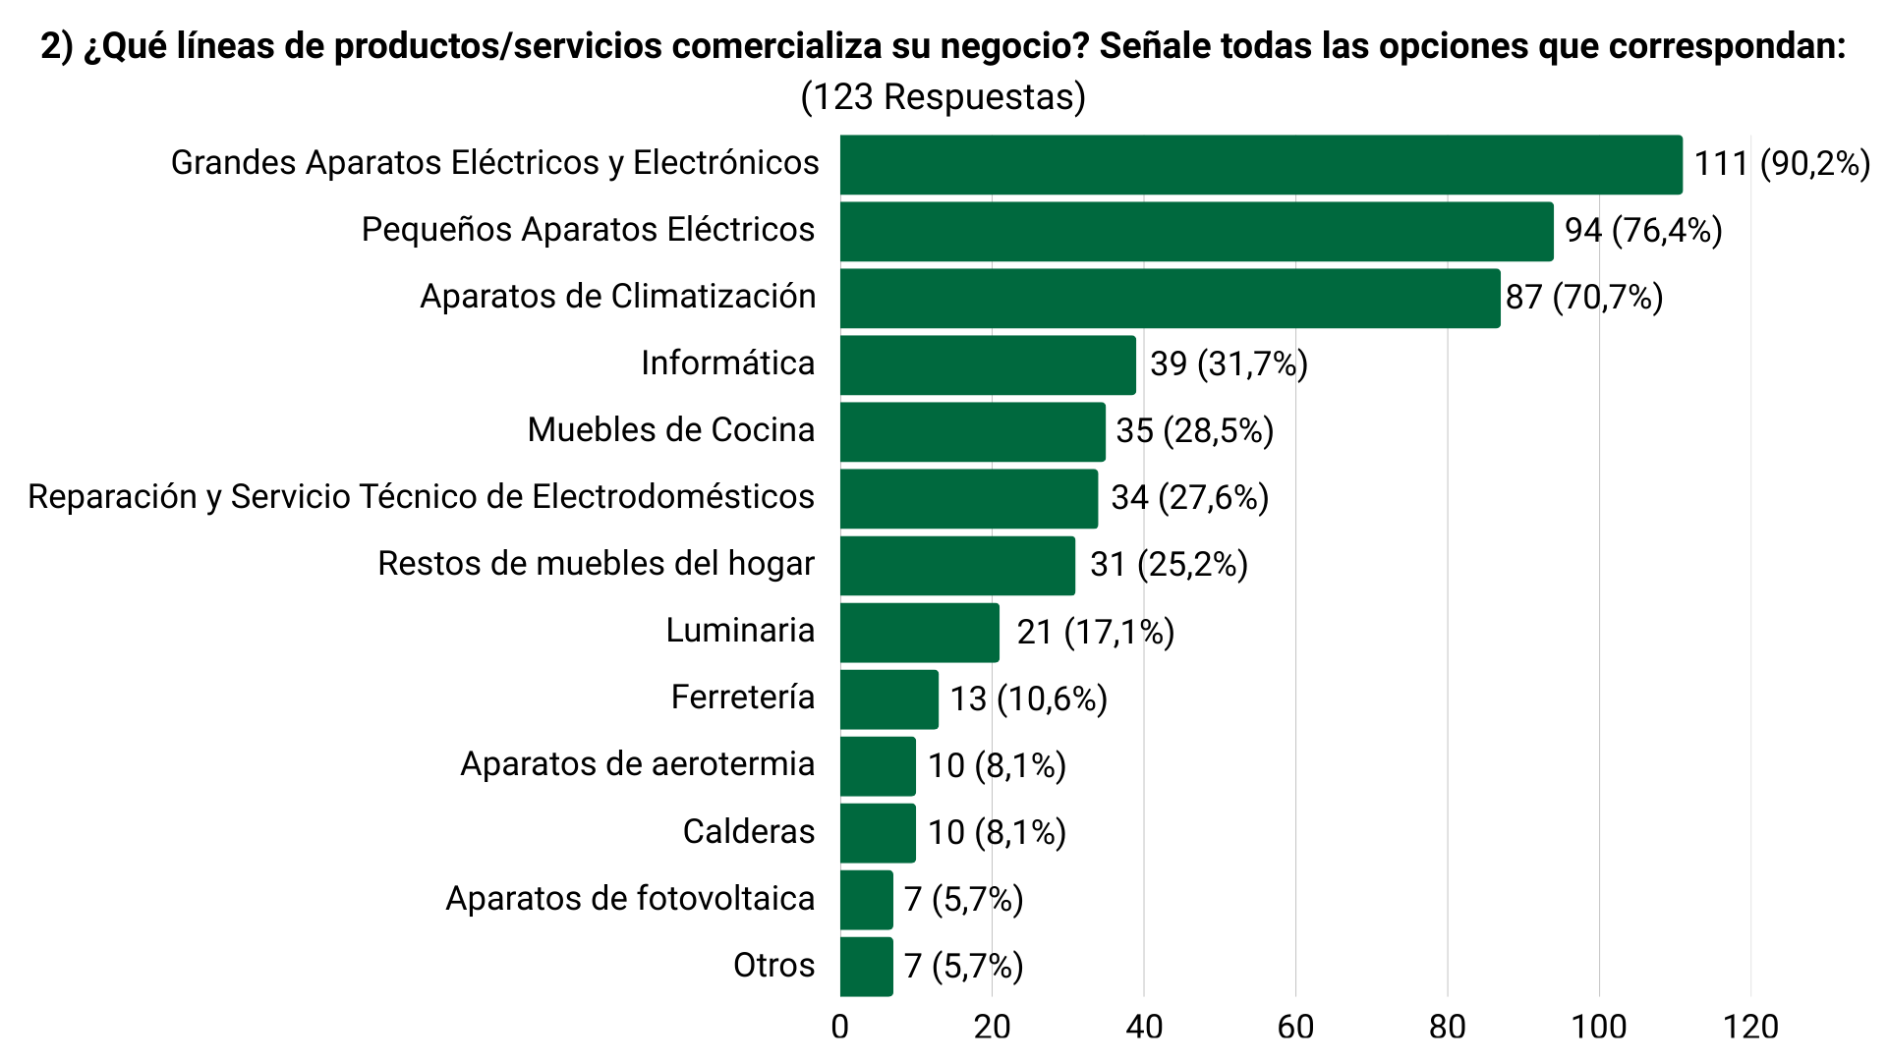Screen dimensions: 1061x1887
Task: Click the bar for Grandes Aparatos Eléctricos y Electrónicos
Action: [1261, 165]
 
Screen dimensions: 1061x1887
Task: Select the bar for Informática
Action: [988, 365]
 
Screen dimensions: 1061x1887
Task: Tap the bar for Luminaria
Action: [920, 633]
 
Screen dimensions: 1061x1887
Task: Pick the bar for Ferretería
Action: [889, 699]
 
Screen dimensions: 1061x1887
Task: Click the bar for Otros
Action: [867, 967]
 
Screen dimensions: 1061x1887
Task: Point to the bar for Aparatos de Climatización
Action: [1170, 299]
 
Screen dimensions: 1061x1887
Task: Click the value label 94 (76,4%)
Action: [1643, 231]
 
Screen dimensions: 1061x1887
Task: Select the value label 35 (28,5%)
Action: [1194, 431]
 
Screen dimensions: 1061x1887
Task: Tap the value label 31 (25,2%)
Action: [1169, 565]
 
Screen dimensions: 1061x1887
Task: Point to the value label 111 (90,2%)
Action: [1782, 164]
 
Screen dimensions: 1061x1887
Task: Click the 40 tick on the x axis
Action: [1144, 1028]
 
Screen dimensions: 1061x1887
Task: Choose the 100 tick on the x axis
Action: [1599, 1028]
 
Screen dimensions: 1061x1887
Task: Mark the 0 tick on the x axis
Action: [840, 1028]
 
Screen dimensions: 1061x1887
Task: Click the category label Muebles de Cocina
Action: [671, 430]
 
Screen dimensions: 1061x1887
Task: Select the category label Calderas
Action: [749, 832]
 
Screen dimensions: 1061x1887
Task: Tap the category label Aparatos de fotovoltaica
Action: [630, 899]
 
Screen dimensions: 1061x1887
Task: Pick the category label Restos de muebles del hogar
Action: [597, 564]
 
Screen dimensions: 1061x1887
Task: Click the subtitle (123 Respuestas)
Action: [943, 97]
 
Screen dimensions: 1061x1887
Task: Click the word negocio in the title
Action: [1014, 46]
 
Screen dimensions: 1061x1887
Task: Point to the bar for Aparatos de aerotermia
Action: [878, 766]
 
